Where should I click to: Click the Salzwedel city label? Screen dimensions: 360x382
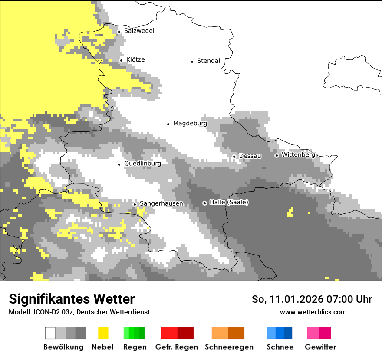point(139,31)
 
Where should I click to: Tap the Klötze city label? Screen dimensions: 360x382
point(135,59)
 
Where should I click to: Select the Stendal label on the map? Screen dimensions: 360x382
point(208,61)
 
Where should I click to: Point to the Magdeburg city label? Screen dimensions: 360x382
point(190,124)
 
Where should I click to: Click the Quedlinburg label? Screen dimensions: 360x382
point(142,164)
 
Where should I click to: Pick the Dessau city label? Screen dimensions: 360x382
point(250,156)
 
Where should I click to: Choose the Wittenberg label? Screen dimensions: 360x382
point(298,155)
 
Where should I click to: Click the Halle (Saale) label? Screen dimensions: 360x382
point(229,202)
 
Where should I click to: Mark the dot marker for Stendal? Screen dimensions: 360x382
point(192,62)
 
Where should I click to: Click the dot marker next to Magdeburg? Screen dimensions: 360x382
point(168,124)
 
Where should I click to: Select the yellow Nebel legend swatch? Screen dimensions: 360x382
point(103,333)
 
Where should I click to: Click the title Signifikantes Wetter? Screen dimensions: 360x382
point(72,299)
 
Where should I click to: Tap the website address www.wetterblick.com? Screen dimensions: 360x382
point(313,312)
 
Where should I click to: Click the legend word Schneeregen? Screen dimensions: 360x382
point(229,347)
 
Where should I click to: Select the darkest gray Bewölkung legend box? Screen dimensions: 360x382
point(81,333)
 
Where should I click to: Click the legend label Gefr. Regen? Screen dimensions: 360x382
point(177,347)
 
